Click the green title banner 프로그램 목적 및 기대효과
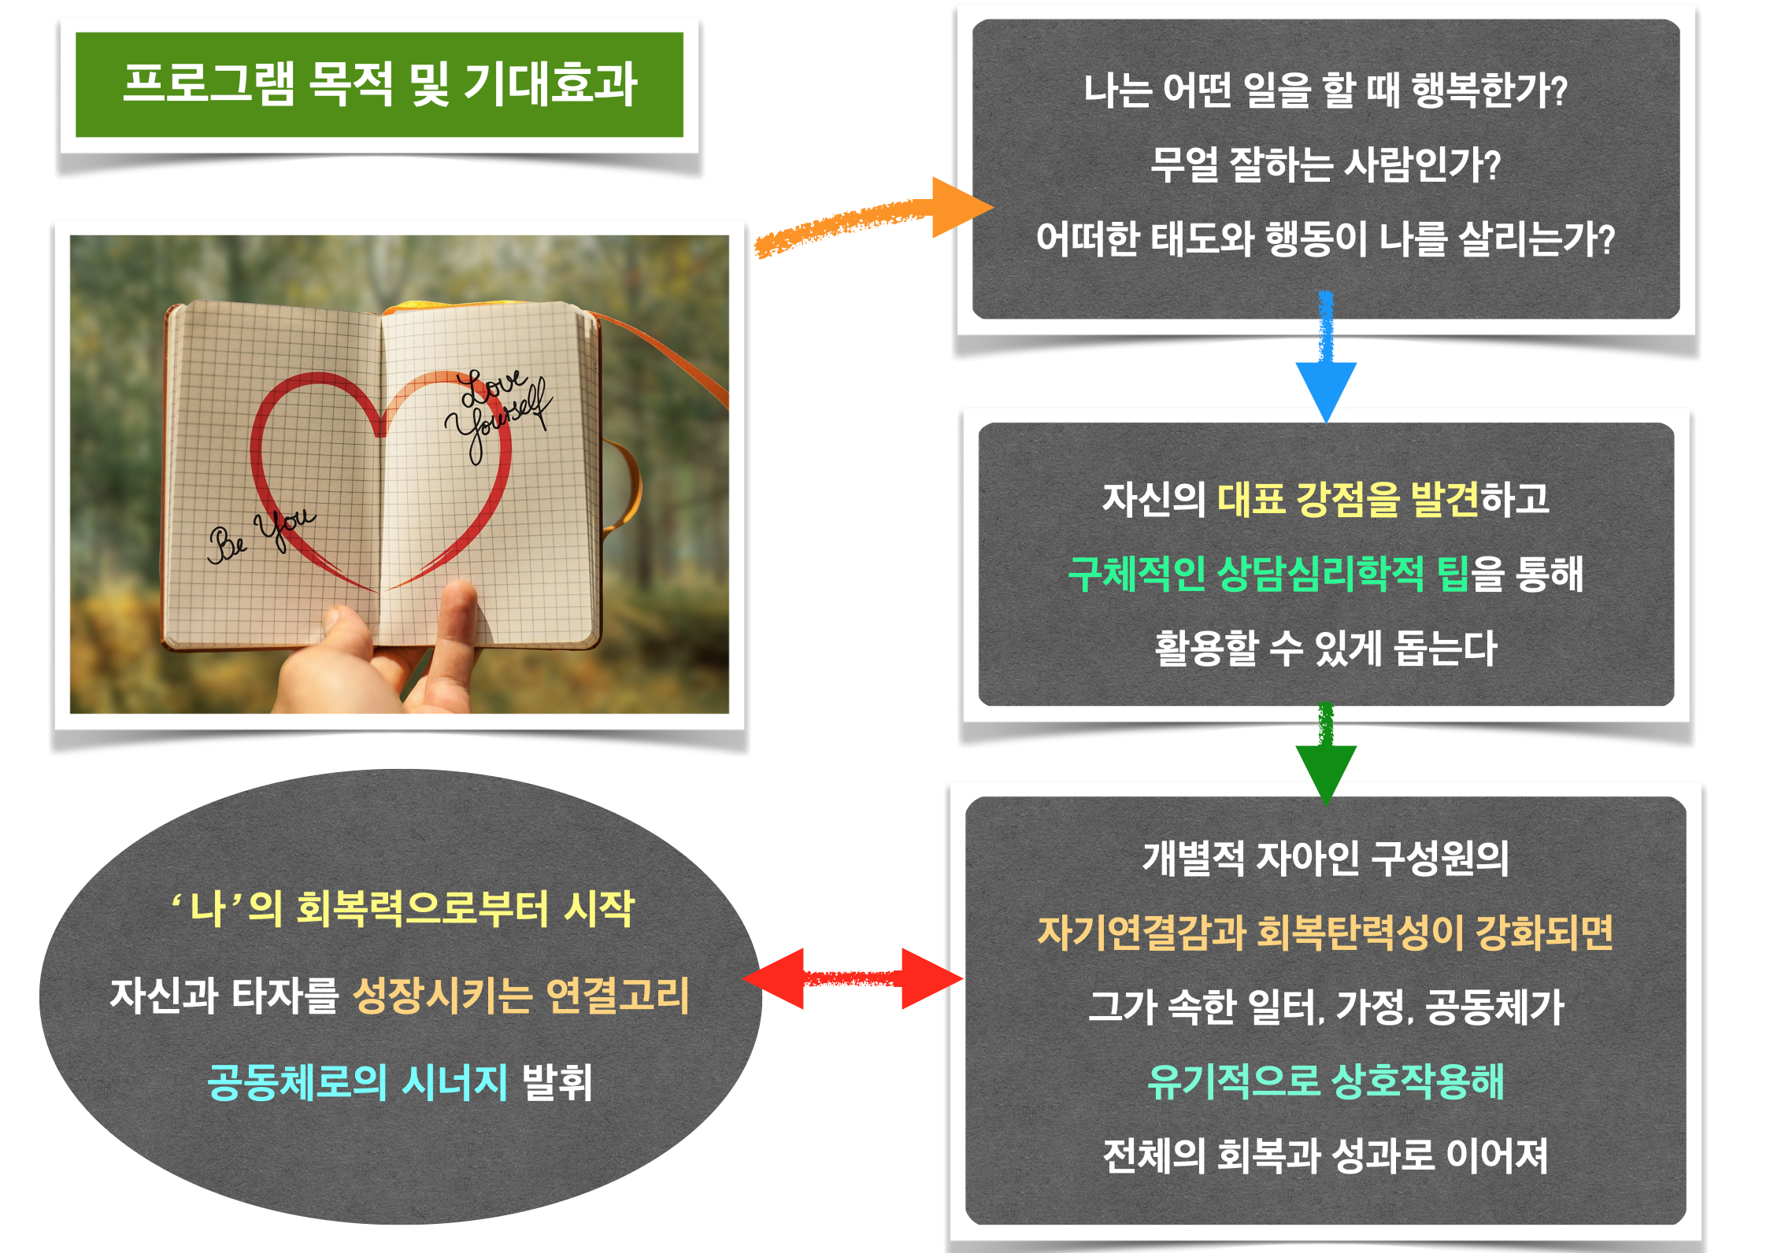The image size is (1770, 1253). pyautogui.click(x=380, y=85)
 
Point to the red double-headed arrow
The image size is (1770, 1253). pyautogui.click(x=853, y=978)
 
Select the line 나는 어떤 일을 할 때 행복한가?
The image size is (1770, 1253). pyautogui.click(x=1326, y=91)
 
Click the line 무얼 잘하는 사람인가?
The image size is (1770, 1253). pyautogui.click(x=1326, y=165)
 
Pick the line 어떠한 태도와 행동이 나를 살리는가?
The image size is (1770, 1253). pyautogui.click(x=1326, y=239)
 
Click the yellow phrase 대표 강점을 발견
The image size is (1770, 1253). pyautogui.click(x=1349, y=499)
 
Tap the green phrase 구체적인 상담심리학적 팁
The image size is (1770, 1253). pyautogui.click(x=1268, y=573)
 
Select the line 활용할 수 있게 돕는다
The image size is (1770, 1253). pyautogui.click(x=1326, y=649)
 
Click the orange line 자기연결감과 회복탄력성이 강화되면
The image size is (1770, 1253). pyautogui.click(x=1326, y=933)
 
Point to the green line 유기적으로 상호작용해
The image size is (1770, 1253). pyautogui.click(x=1326, y=1081)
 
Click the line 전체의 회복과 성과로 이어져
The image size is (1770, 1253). pyautogui.click(x=1326, y=1155)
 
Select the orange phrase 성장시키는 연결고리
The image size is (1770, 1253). pyautogui.click(x=521, y=995)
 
